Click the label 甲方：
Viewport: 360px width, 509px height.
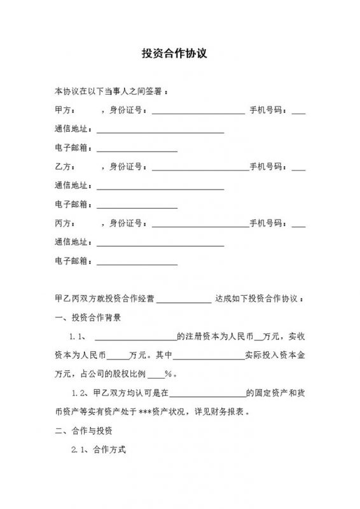(x=65, y=111)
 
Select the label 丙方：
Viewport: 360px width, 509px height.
(x=65, y=224)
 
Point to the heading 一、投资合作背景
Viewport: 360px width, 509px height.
(x=88, y=317)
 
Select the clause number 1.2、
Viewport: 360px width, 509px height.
(x=82, y=393)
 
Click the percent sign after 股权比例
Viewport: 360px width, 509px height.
(x=169, y=374)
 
